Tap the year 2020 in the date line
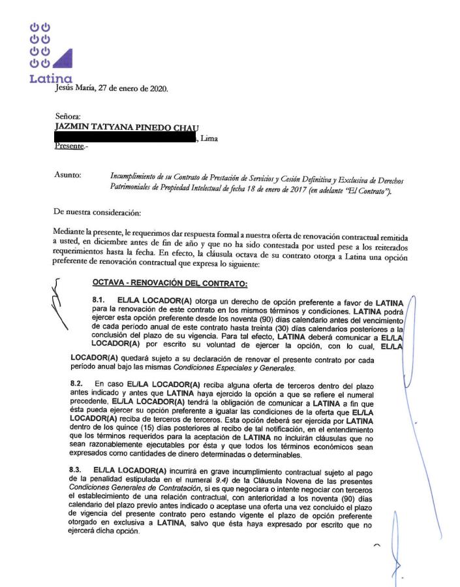tap(157, 89)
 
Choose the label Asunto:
tap(68, 175)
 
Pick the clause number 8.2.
tap(77, 383)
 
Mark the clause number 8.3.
tap(77, 469)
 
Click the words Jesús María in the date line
tap(74, 89)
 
